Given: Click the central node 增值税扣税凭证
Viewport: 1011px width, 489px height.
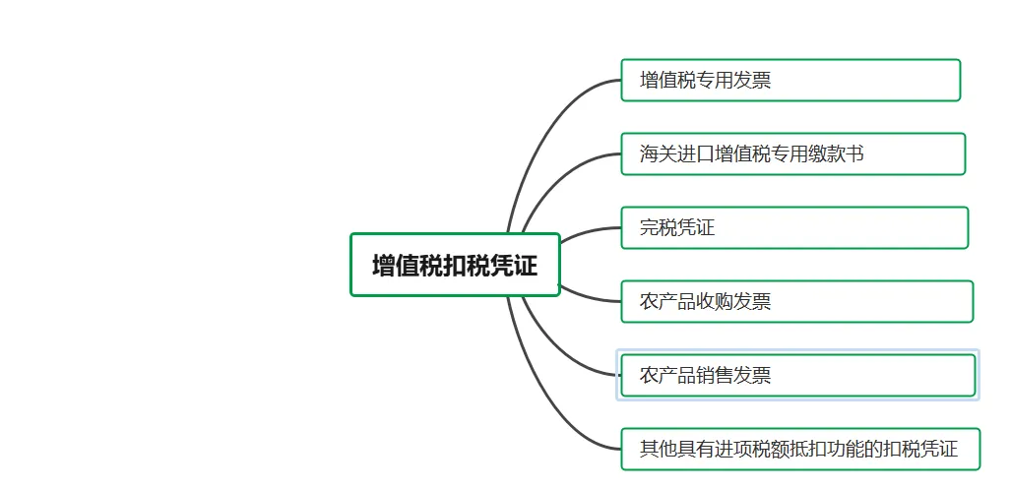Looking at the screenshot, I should (x=455, y=265).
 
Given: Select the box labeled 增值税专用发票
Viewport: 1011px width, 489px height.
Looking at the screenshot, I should (x=790, y=81).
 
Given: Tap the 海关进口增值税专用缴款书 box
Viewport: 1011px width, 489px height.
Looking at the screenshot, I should (x=792, y=154).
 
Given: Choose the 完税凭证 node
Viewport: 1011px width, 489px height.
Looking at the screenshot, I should (x=793, y=228).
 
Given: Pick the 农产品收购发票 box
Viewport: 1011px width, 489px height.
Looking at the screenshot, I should (x=796, y=302).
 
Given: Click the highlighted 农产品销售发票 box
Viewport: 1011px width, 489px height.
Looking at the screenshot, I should (x=797, y=375).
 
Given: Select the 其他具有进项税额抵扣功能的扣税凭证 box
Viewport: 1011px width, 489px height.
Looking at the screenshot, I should (x=801, y=449).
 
